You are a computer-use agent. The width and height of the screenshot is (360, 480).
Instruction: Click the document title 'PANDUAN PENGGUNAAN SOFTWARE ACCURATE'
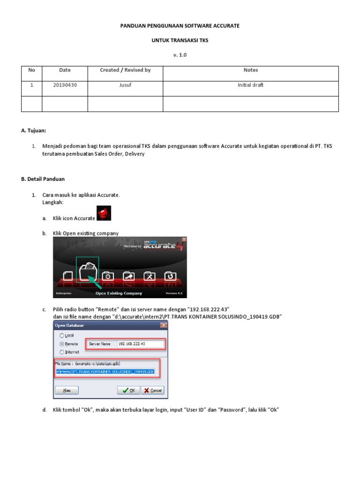(180, 26)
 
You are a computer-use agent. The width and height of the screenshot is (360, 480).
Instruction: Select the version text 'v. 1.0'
(180, 55)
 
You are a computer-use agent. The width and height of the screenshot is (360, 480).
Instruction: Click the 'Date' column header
(65, 70)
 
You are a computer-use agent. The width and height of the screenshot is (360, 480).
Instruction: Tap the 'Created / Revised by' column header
(125, 70)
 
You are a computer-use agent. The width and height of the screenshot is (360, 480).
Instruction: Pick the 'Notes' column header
(250, 70)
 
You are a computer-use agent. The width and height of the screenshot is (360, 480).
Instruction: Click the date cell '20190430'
(65, 85)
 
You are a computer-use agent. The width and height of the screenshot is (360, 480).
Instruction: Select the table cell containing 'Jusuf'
(125, 85)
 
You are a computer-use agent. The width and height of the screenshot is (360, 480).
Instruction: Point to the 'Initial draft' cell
(250, 85)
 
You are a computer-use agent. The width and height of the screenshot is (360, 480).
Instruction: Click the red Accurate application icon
(104, 213)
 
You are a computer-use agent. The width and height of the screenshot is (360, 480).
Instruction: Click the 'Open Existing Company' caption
(119, 293)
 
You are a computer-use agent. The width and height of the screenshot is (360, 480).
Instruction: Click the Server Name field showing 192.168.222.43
(140, 344)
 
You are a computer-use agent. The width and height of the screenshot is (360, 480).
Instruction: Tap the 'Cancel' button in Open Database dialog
(153, 390)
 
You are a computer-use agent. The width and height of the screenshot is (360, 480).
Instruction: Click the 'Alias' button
(67, 390)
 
